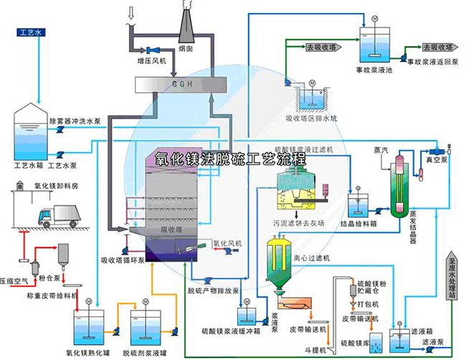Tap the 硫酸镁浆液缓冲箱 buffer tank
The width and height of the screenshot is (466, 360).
click(x=244, y=315)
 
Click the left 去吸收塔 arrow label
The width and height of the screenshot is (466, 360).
click(x=320, y=48)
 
